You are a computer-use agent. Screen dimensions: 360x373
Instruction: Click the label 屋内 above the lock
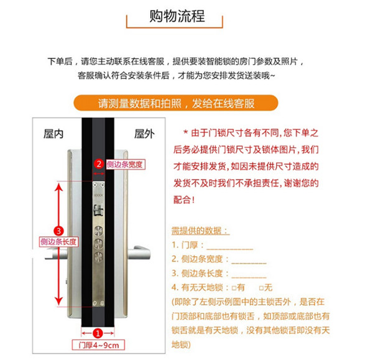[53, 133]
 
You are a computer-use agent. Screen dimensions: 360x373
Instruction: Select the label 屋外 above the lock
[144, 133]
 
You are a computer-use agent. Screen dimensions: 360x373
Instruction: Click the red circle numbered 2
[98, 164]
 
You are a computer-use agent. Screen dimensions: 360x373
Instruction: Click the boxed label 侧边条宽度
[124, 165]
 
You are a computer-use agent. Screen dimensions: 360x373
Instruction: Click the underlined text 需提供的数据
[200, 231]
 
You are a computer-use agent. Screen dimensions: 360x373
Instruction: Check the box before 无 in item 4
[261, 288]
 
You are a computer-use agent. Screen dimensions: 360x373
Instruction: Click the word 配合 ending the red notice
[183, 200]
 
